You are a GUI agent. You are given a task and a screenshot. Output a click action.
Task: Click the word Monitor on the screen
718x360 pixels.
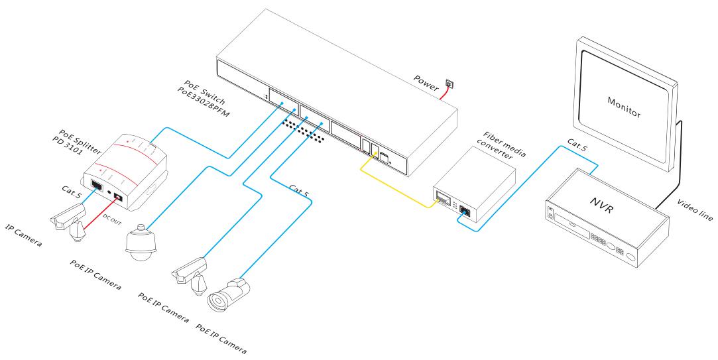click(624, 107)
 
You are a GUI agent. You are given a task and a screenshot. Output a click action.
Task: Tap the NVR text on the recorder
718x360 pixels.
click(601, 204)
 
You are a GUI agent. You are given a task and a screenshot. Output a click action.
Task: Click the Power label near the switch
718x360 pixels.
click(426, 82)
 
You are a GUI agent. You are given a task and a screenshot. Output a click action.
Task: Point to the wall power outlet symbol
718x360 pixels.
click(449, 84)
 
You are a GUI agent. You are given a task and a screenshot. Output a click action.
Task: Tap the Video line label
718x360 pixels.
click(695, 210)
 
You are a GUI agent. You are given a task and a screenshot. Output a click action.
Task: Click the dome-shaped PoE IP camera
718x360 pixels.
click(141, 242)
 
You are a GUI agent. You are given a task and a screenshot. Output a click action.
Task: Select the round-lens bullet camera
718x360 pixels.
click(229, 294)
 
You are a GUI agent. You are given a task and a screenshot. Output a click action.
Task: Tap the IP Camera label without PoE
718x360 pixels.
click(23, 235)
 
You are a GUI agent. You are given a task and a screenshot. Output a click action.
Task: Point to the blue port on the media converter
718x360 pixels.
click(464, 211)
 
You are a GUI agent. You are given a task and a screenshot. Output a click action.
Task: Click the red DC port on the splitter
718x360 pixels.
click(118, 198)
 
